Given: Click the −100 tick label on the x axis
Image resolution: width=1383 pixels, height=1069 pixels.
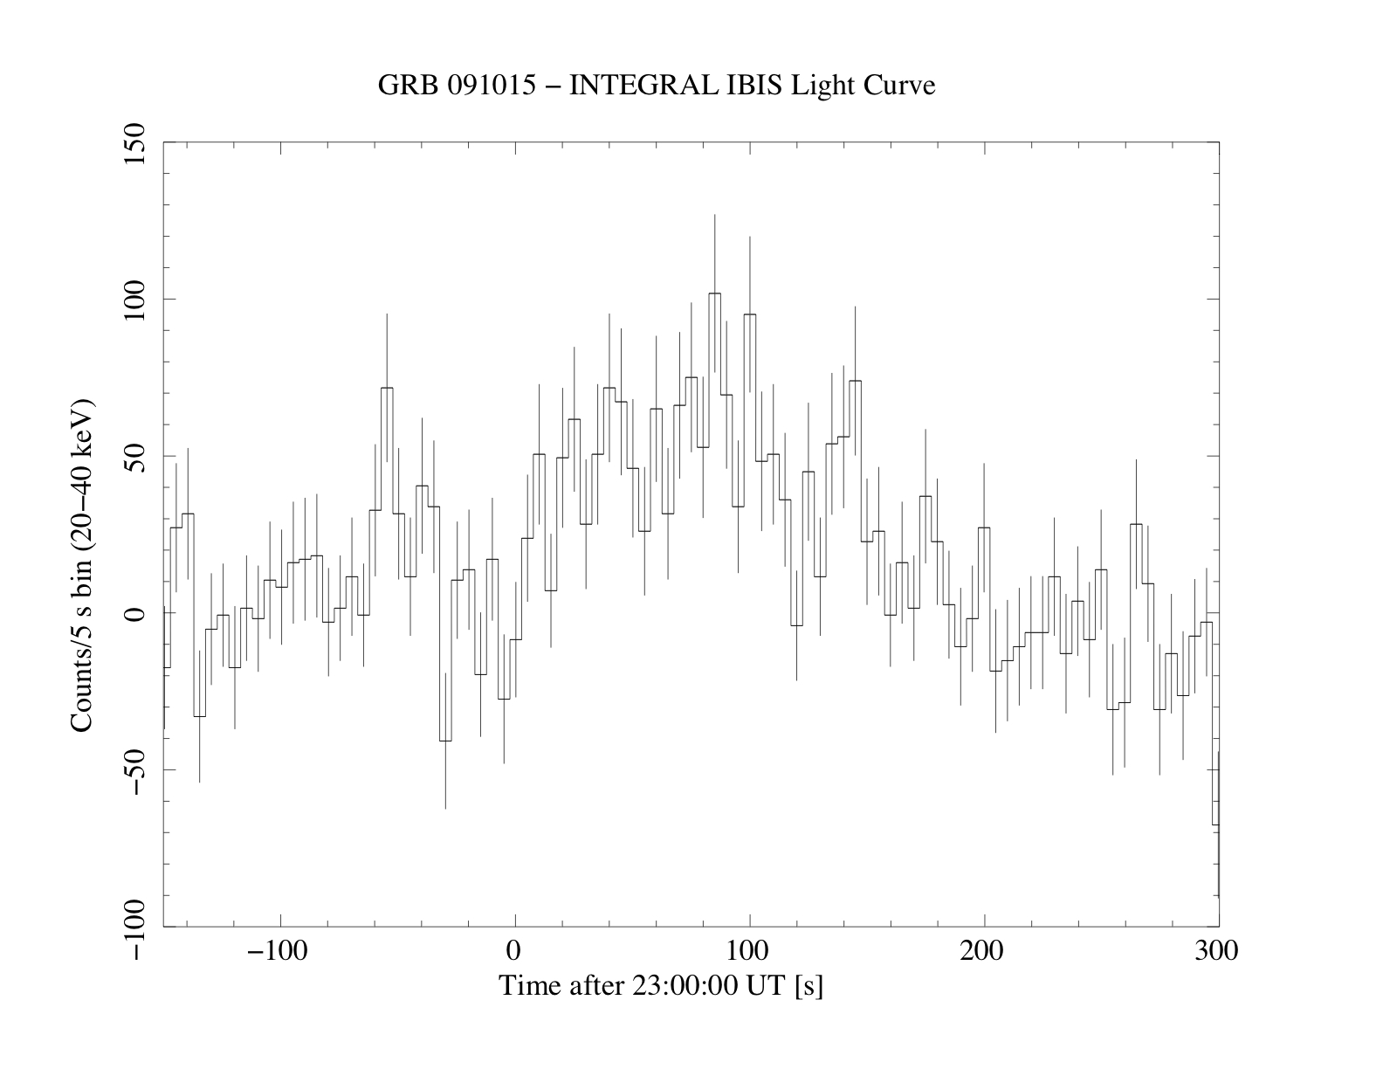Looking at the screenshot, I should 278,950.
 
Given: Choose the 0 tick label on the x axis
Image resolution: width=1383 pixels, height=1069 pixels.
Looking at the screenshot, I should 515,950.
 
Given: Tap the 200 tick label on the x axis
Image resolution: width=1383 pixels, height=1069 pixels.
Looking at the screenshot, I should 984,950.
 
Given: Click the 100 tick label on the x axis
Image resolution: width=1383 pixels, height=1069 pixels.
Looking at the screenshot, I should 749,950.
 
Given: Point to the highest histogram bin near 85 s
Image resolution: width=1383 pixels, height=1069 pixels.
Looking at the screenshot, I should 714,294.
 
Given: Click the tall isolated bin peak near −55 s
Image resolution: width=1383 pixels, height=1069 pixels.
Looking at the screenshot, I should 386,389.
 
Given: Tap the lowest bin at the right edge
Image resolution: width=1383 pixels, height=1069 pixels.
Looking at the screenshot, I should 1214,824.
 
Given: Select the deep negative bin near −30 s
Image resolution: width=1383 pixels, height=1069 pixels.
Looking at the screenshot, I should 444,740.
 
